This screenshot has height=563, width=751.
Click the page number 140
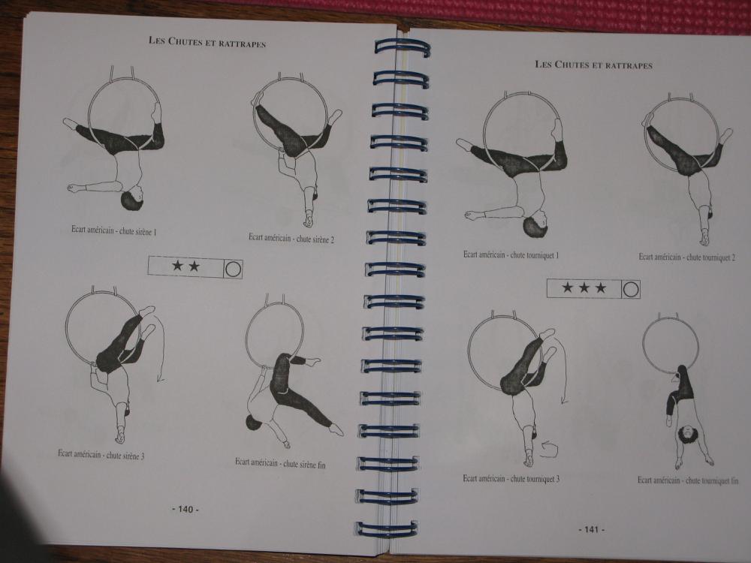[185, 510]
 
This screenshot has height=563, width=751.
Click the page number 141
[592, 529]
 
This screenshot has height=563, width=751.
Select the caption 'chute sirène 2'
[315, 239]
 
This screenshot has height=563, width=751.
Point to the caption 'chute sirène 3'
[125, 456]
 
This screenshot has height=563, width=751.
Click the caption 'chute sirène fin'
[304, 464]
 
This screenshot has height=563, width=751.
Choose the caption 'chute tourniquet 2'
[710, 257]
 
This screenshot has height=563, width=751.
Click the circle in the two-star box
[233, 269]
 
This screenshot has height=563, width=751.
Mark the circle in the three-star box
[630, 290]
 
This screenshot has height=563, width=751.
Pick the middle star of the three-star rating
[584, 288]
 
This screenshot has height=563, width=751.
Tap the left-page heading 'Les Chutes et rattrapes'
[207, 42]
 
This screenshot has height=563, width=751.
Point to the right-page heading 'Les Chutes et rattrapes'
[593, 65]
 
